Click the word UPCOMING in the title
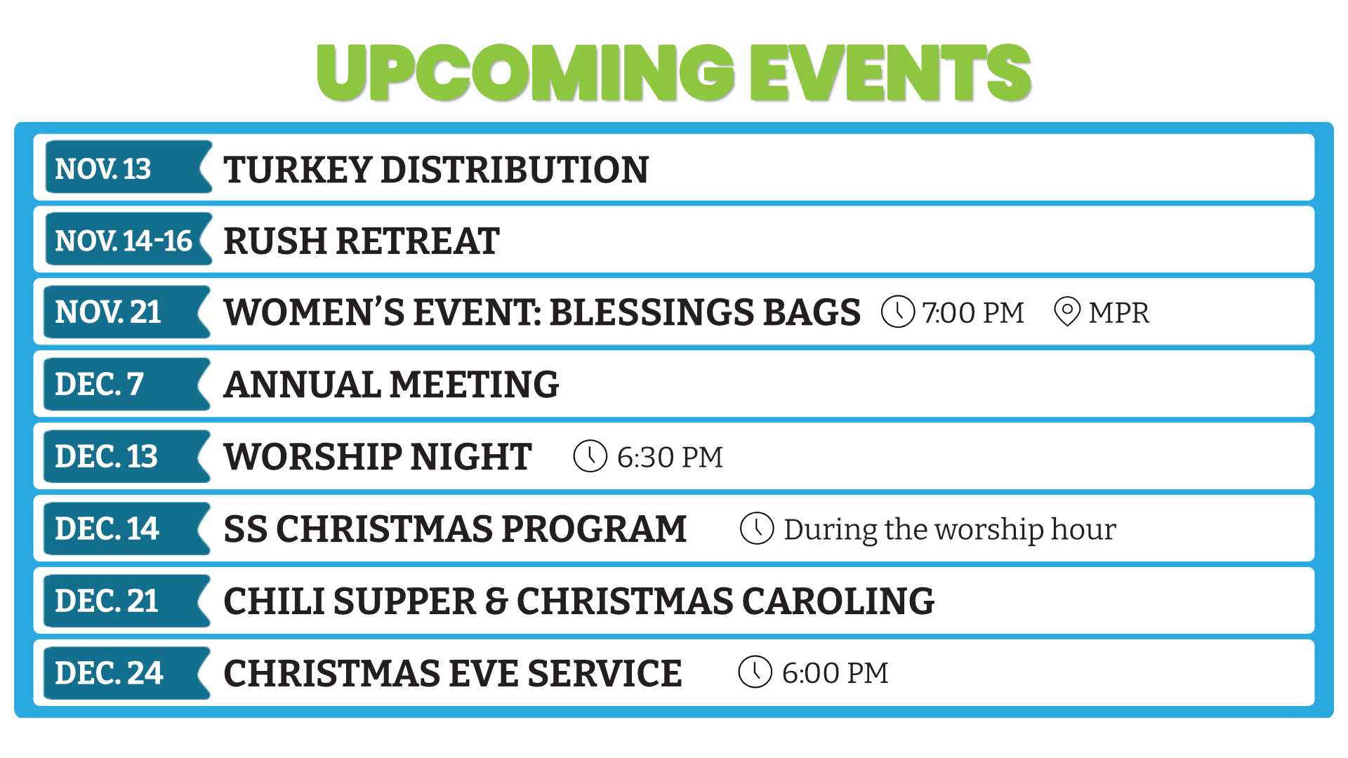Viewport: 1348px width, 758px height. click(526, 72)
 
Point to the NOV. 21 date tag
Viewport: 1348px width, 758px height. click(127, 312)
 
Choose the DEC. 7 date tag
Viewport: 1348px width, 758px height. click(127, 384)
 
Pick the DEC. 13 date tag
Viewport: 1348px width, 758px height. click(127, 456)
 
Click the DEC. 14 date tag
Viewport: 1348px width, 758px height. click(127, 528)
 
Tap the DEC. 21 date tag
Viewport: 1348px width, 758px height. click(127, 601)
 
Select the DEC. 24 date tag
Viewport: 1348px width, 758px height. click(127, 673)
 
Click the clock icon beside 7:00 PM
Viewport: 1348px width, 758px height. click(898, 312)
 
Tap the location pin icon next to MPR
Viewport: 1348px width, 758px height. click(1067, 312)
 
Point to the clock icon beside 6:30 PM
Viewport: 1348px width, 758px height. click(590, 456)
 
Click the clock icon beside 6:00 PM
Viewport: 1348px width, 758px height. click(755, 672)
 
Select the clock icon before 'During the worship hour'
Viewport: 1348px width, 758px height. click(757, 528)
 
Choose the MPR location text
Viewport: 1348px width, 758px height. click(1119, 313)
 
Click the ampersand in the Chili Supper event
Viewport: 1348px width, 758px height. click(496, 602)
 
